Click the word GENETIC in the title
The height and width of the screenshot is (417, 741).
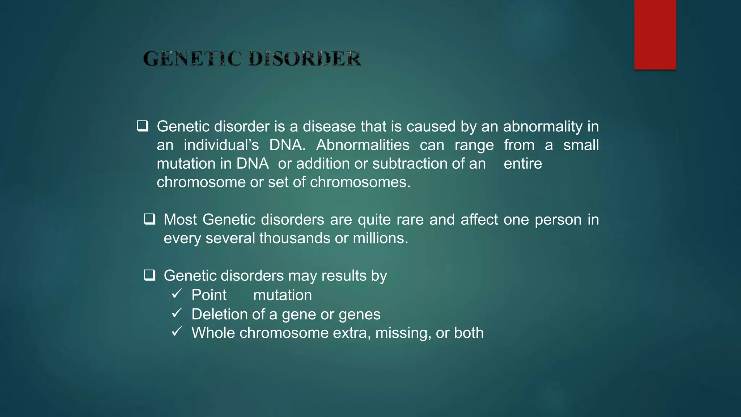click(x=192, y=59)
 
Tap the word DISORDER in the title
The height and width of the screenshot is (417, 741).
click(x=305, y=59)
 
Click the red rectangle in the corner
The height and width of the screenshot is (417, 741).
click(x=655, y=35)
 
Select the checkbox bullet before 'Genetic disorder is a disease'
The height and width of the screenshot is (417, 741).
click(x=143, y=126)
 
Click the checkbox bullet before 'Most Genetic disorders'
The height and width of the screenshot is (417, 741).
click(x=149, y=219)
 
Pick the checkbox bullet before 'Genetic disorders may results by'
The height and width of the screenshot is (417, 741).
click(x=149, y=275)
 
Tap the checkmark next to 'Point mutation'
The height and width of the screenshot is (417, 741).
click(x=177, y=294)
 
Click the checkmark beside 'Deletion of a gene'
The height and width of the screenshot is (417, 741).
click(x=177, y=313)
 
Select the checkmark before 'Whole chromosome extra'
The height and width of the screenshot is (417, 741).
click(x=177, y=332)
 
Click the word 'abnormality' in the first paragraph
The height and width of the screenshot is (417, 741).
click(x=543, y=127)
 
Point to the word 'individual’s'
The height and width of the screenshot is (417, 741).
click(x=221, y=145)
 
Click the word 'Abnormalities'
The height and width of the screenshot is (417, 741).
click(x=363, y=145)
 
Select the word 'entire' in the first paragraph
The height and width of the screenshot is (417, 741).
click(x=523, y=164)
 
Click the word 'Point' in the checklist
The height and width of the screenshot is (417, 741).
click(x=209, y=295)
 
